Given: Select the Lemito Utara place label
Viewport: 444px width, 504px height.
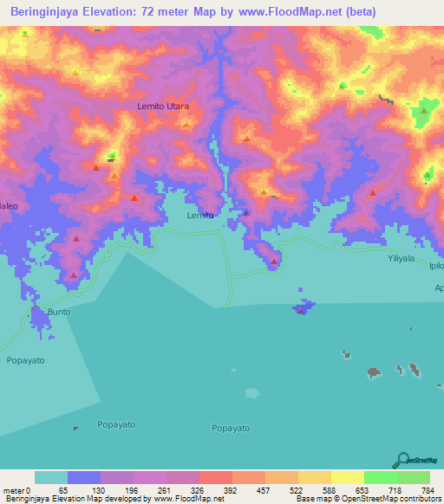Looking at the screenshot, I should tap(163, 106).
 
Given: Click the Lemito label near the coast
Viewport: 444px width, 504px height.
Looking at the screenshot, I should tap(200, 215).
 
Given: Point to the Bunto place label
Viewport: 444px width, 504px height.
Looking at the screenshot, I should tap(59, 310).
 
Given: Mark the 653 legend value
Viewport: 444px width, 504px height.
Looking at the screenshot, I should tap(355, 490).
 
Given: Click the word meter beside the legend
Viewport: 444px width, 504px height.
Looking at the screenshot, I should tap(12, 490).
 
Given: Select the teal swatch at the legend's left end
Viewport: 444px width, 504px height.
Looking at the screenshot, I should tap(51, 477).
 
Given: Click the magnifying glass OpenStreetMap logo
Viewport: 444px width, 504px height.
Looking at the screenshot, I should tap(403, 460).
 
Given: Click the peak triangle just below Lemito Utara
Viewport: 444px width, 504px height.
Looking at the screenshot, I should tap(186, 125).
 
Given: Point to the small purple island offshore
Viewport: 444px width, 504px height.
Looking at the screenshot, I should tap(302, 308).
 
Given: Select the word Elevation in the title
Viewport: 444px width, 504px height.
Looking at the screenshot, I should tap(121, 11).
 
